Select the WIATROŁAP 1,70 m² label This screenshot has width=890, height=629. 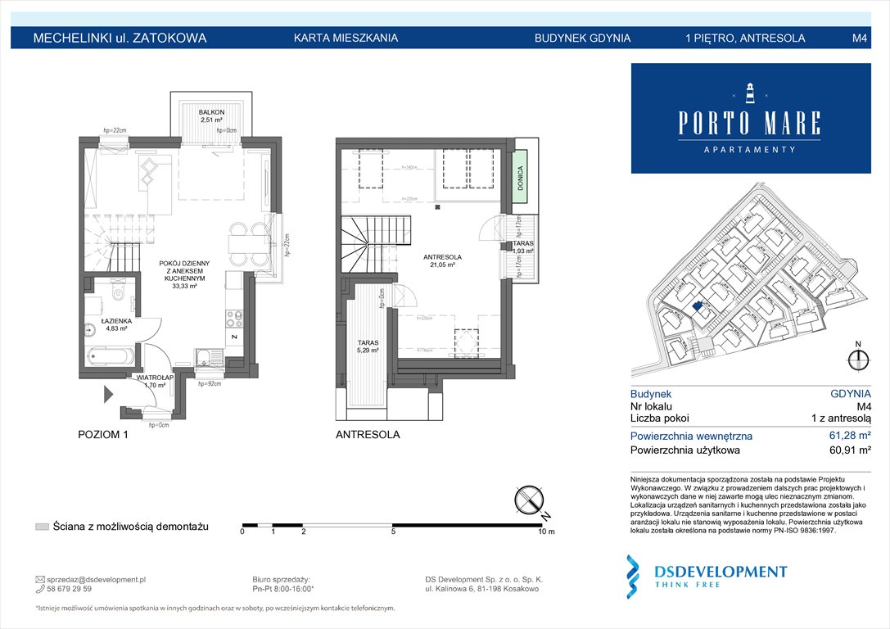pos(150,381)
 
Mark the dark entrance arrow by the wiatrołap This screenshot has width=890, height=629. pos(108,395)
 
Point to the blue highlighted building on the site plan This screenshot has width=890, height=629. pos(698,308)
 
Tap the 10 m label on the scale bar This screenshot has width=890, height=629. pos(545,532)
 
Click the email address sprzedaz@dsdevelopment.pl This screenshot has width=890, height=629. pos(97,579)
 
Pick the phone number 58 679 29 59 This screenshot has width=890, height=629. pos(70,589)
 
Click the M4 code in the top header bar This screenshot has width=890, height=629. pos(859,38)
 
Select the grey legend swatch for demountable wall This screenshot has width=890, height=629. pos(42,527)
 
